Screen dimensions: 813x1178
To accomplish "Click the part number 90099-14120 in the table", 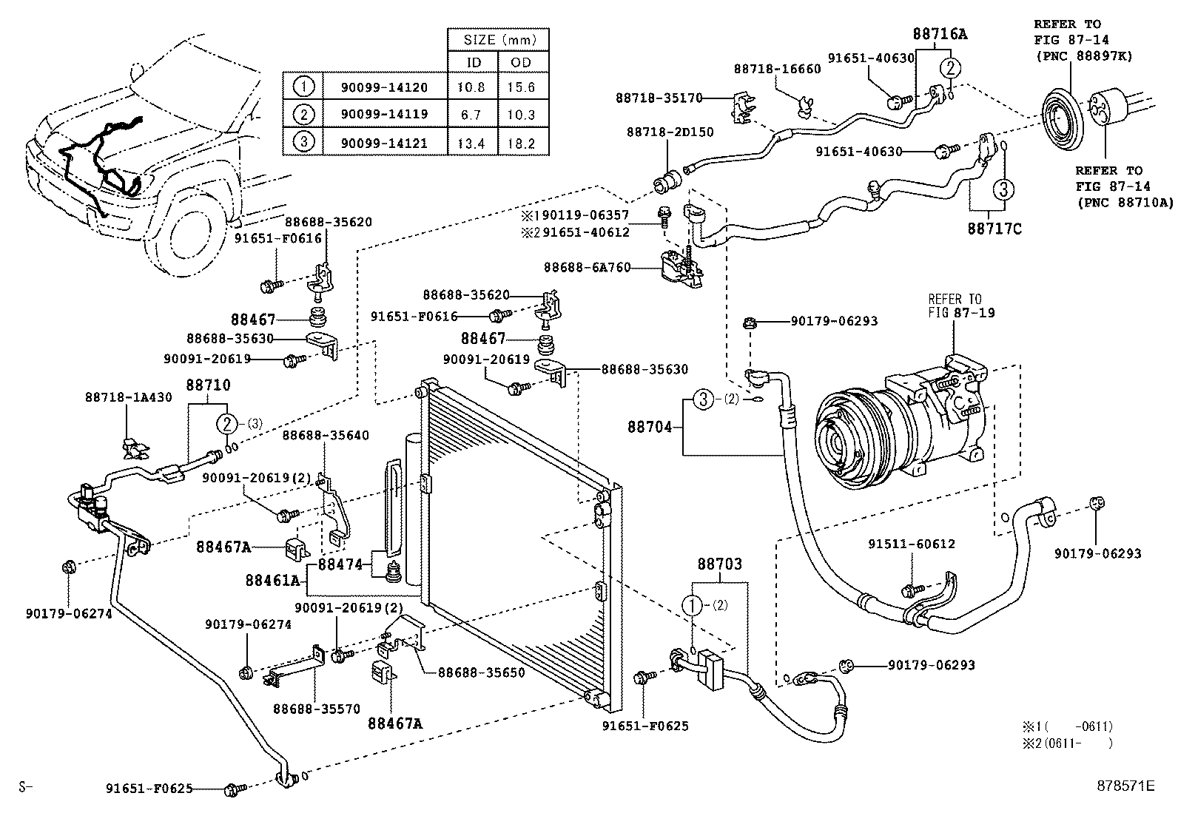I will (x=384, y=87).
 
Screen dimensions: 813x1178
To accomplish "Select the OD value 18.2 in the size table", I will (x=521, y=144).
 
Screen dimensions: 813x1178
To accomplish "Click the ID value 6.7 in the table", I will (x=471, y=115).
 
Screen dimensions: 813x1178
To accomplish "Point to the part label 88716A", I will (x=939, y=34).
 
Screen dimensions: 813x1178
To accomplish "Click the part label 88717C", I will (x=994, y=229).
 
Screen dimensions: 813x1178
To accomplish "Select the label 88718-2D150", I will (x=670, y=132).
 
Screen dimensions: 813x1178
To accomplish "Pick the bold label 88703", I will (x=719, y=564).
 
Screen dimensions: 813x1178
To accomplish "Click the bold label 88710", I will (x=208, y=385).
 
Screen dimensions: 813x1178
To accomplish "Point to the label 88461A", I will (x=272, y=581).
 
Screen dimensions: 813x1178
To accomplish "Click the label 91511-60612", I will (x=911, y=544).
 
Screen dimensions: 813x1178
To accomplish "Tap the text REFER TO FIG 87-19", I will (x=961, y=306).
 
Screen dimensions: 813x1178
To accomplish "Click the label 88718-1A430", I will (x=128, y=397).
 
